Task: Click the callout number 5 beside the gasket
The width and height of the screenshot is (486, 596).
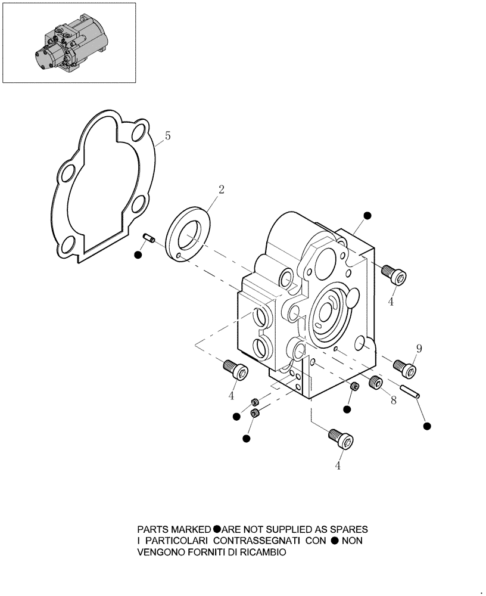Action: click(x=168, y=136)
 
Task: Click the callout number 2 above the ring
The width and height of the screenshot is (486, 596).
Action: click(x=221, y=190)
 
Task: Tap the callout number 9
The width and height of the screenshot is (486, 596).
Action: click(x=419, y=349)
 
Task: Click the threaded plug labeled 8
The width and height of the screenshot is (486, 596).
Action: click(x=375, y=382)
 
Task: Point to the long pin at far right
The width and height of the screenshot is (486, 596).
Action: click(x=410, y=392)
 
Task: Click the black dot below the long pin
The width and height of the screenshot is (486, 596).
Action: click(x=426, y=426)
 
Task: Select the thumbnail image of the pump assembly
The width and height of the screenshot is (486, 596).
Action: click(x=68, y=43)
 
